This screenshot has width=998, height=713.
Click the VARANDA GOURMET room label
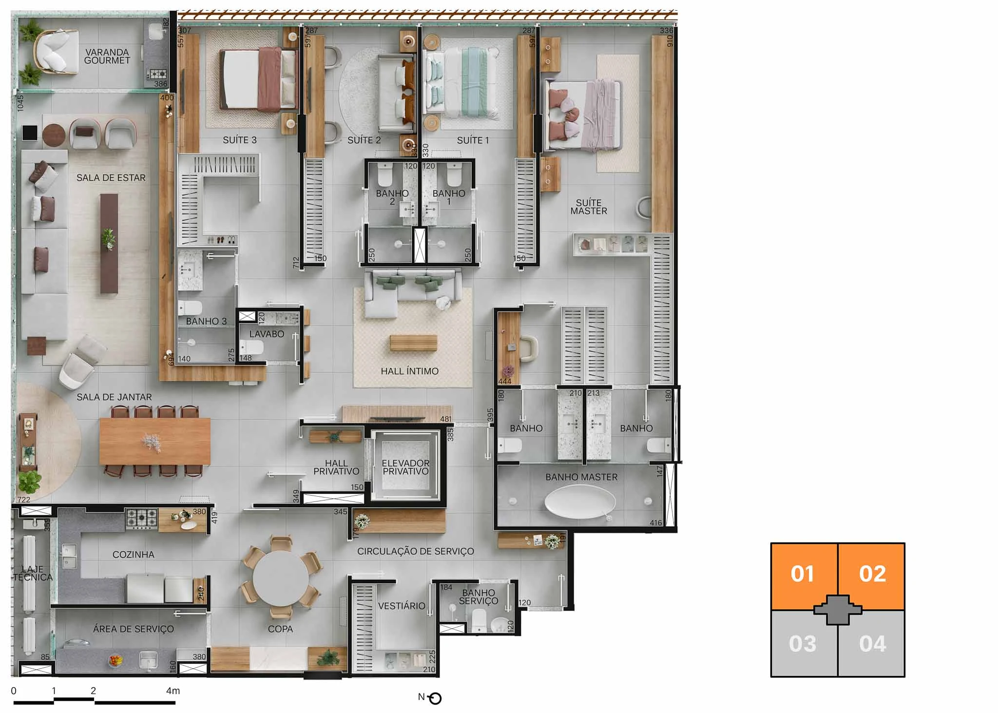(107, 56)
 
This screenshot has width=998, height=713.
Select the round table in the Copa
(281, 578)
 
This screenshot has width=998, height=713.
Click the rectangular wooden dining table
(155, 441)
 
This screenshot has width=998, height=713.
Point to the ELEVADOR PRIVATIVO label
(405, 467)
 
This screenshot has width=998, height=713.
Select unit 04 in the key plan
(872, 643)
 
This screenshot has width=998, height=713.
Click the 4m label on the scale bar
(173, 691)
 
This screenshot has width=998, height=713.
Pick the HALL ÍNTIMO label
(409, 371)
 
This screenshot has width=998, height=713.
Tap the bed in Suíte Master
(584, 115)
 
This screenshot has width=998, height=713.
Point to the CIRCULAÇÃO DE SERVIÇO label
(415, 551)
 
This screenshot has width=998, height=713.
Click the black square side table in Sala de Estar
(30, 133)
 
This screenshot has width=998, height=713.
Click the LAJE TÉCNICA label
(32, 573)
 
